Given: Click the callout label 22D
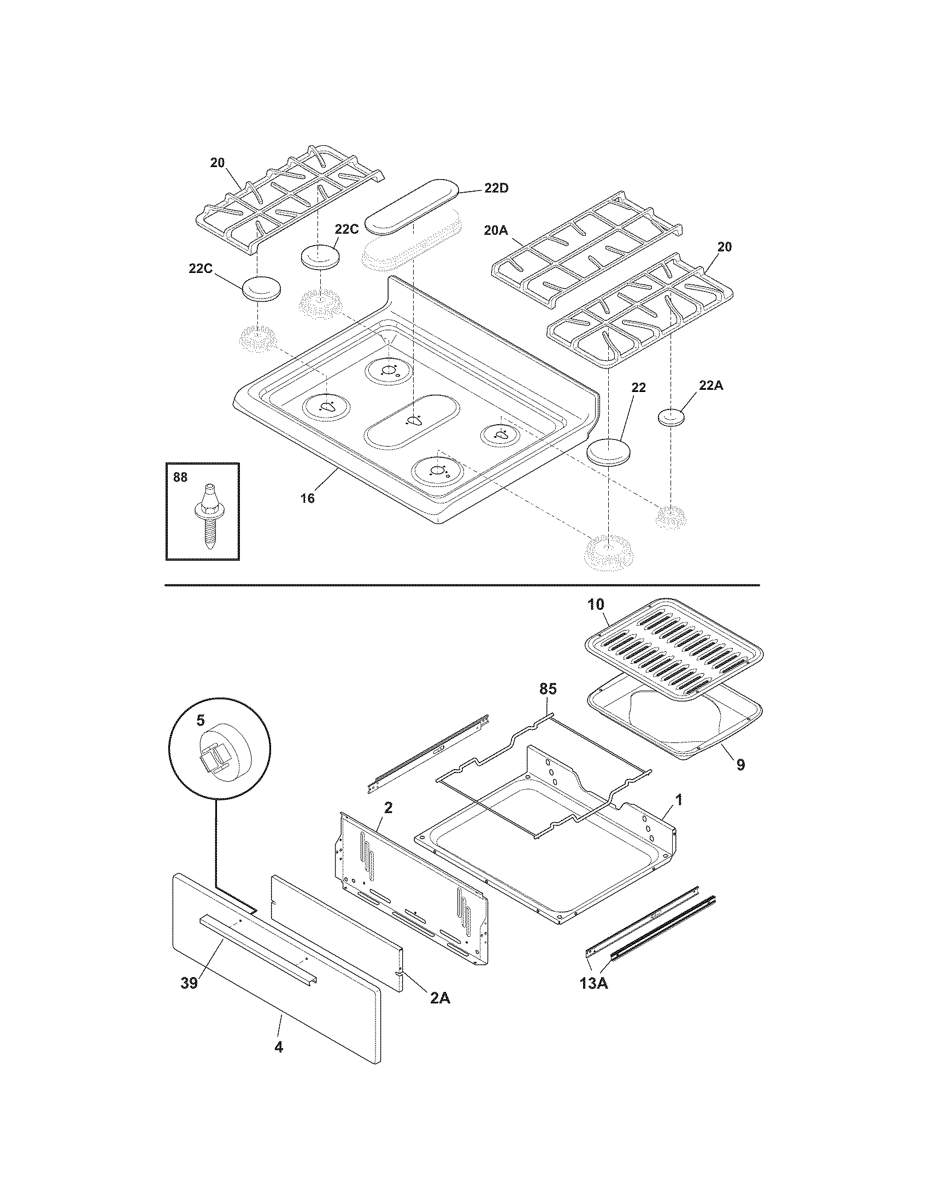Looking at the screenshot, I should [496, 188].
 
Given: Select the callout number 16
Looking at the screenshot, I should [307, 498].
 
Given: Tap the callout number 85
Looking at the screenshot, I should [548, 689].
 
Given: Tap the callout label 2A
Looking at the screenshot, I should [439, 998].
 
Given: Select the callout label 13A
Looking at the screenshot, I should [594, 983].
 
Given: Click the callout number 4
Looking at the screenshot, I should [279, 1062].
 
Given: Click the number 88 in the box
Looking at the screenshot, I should [180, 478].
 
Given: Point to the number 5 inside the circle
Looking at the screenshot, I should [201, 719].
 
